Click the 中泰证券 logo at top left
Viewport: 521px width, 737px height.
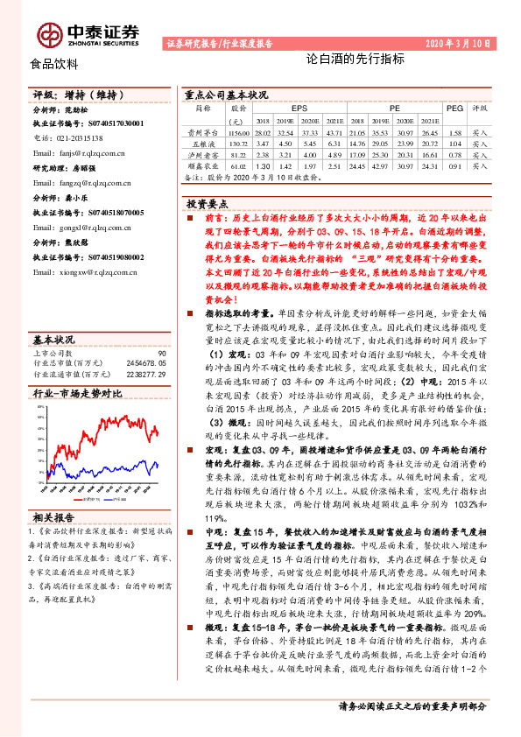tap(88, 33)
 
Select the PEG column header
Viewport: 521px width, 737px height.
tap(454, 108)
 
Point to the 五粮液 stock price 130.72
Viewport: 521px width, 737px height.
tap(237, 142)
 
